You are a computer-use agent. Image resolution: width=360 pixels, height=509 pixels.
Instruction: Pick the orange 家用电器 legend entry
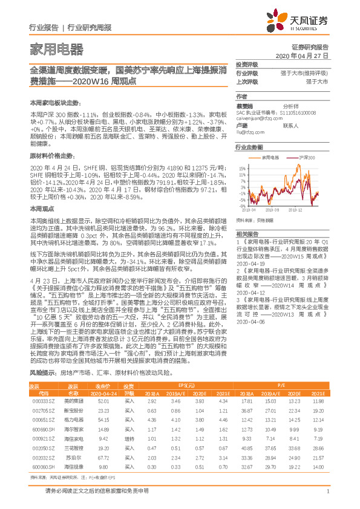270,156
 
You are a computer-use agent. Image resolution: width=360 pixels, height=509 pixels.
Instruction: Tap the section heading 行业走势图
249,147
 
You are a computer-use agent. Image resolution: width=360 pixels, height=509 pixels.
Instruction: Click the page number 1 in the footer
327,491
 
